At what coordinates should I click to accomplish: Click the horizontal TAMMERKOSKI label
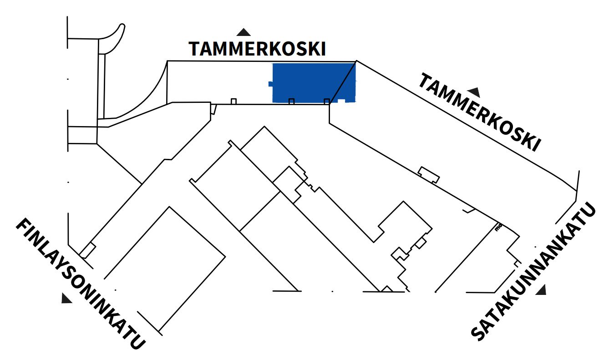pyautogui.click(x=257, y=49)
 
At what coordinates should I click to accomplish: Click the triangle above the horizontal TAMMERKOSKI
pyautogui.click(x=244, y=32)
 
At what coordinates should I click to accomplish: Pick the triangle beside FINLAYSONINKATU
pyautogui.click(x=66, y=299)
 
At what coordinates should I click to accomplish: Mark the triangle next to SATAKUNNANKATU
pyautogui.click(x=541, y=290)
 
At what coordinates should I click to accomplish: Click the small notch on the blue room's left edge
pyautogui.click(x=270, y=84)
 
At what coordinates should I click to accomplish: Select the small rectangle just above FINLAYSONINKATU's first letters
pyautogui.click(x=87, y=250)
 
